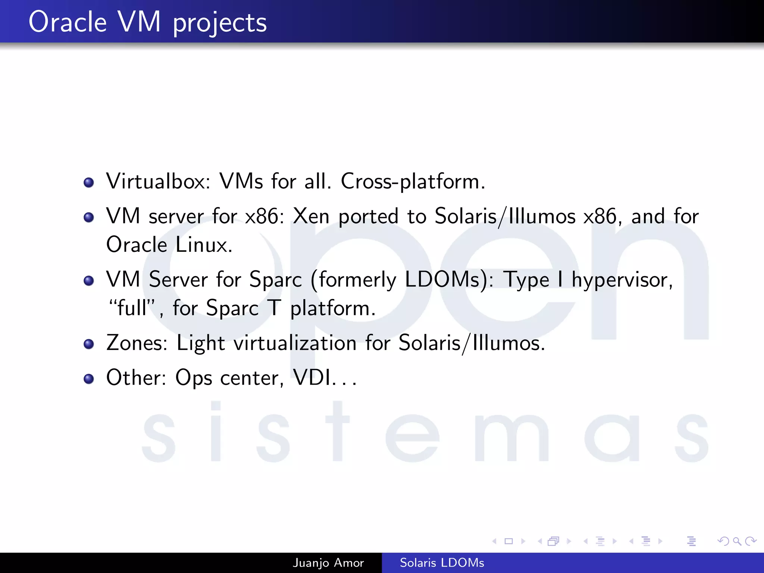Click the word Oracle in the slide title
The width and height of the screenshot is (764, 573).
(68, 22)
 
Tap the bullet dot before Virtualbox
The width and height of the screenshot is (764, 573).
(89, 183)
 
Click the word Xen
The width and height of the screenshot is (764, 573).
(311, 216)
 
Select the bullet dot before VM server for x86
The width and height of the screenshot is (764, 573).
(89, 217)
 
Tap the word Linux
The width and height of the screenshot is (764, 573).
(204, 245)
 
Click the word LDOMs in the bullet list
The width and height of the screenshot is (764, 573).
(446, 279)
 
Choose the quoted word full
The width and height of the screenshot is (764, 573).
(132, 308)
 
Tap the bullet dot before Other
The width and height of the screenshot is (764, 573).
(89, 379)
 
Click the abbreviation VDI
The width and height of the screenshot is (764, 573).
(312, 378)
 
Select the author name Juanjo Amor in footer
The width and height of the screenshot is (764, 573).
(328, 563)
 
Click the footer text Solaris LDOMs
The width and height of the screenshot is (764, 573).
(442, 563)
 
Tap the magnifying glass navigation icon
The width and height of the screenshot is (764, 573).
(737, 541)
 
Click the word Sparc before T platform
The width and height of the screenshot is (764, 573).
(232, 309)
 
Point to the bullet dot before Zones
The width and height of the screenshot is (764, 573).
(89, 344)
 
